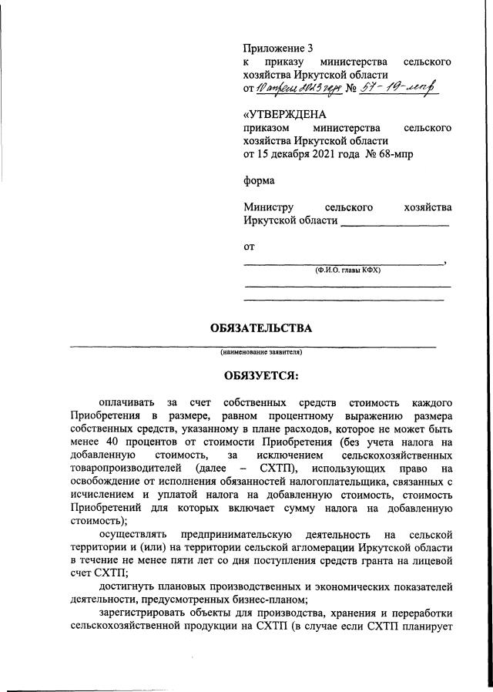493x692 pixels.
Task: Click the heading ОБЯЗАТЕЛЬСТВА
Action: [x=261, y=328]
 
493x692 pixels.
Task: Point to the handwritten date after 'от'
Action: [x=297, y=89]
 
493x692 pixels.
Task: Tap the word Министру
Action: [x=268, y=207]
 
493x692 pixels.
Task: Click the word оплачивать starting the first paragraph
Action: [x=127, y=402]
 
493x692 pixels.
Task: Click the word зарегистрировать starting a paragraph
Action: [x=143, y=613]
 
